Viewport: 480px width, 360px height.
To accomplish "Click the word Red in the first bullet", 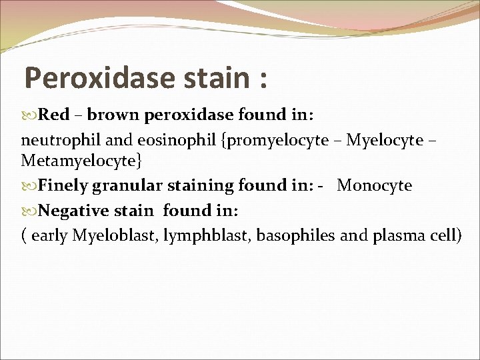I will click(53, 115).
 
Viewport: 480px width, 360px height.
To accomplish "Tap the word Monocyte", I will click(375, 186).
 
